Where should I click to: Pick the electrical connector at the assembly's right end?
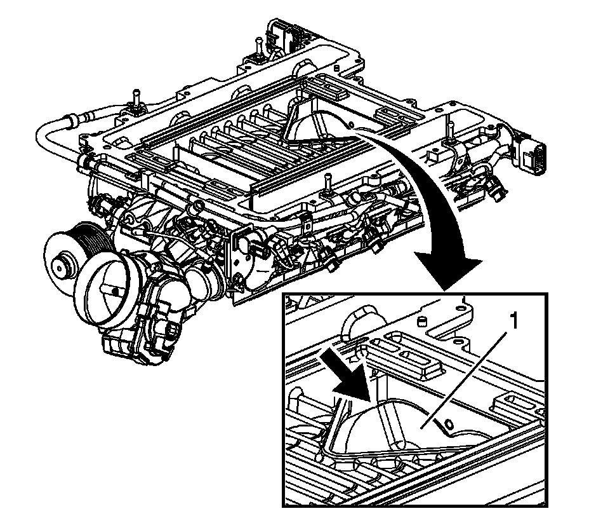point(533,156)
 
